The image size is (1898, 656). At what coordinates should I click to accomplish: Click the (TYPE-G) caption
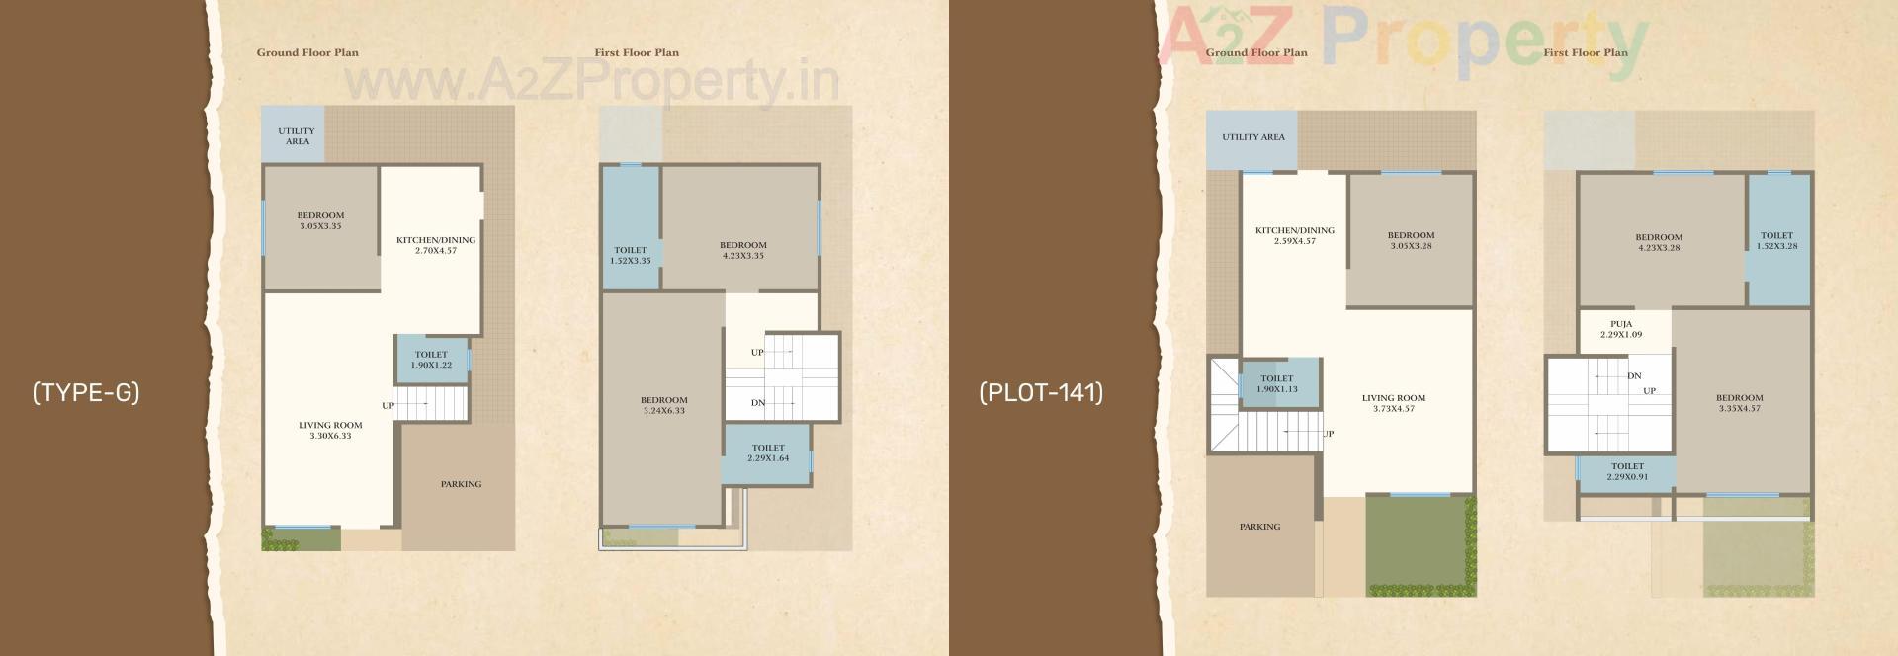click(x=86, y=393)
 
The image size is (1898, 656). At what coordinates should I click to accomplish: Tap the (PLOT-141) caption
click(x=1041, y=393)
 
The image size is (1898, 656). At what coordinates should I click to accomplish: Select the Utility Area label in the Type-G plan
click(x=297, y=136)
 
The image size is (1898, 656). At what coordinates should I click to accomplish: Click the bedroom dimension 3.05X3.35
click(x=321, y=226)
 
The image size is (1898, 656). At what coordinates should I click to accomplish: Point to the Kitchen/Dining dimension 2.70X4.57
click(x=436, y=251)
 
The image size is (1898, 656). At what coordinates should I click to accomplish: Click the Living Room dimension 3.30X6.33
click(x=330, y=436)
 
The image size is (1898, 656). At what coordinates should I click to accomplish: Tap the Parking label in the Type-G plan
click(x=461, y=484)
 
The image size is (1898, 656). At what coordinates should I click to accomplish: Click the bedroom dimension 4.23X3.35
click(x=743, y=256)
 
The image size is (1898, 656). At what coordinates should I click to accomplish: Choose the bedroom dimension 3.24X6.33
click(x=663, y=411)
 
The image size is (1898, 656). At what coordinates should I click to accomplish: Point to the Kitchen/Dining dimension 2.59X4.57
click(x=1295, y=241)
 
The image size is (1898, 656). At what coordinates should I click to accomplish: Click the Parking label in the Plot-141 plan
click(x=1259, y=527)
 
